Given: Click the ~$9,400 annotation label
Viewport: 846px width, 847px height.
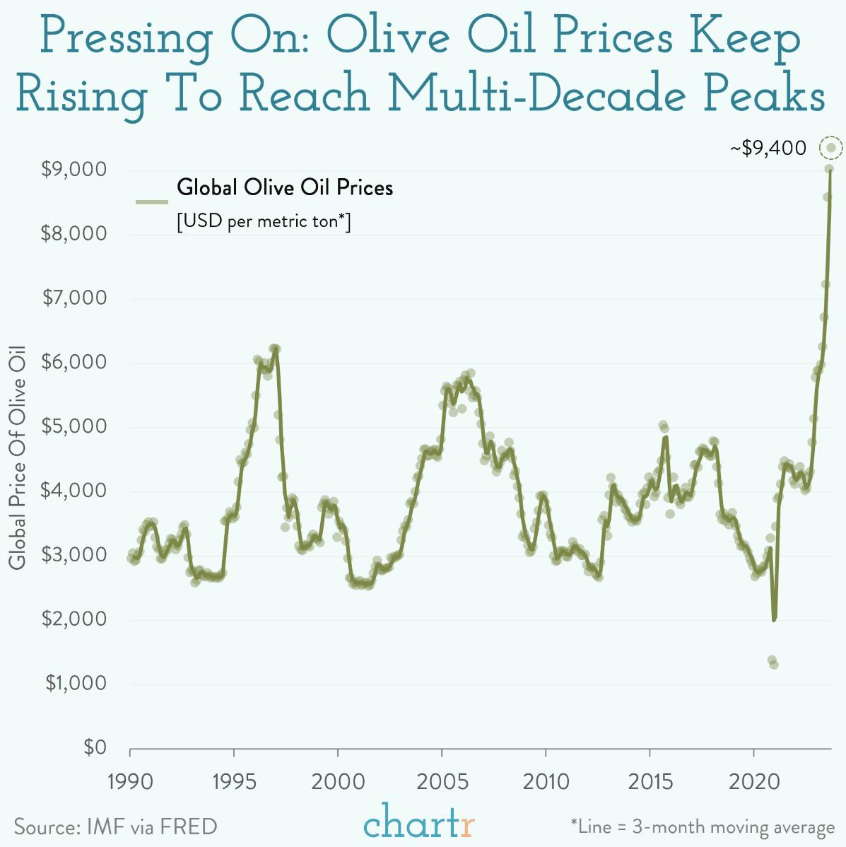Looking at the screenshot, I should tap(768, 148).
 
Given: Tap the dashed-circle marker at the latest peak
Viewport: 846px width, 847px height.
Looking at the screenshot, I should tap(831, 148).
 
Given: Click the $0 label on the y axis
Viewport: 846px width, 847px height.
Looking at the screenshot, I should tap(94, 747).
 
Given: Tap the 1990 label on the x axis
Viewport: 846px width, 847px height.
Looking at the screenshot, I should tap(130, 781).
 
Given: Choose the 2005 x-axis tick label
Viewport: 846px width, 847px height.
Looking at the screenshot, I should tap(442, 781).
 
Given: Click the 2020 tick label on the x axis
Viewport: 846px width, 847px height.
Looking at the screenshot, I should tap(753, 781).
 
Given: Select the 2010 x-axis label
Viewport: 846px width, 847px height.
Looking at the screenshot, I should tap(546, 781).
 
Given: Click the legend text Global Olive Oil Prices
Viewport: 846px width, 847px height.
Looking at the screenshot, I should tap(285, 188).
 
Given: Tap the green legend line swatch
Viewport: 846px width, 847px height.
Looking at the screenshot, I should tap(151, 202).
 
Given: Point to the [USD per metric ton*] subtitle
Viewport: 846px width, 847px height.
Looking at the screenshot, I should tap(263, 221).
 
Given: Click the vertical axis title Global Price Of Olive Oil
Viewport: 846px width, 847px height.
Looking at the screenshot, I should tap(18, 457).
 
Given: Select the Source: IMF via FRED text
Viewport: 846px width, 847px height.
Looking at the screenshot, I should tap(115, 826).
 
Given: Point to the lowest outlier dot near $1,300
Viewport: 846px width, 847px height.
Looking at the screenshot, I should tap(774, 665).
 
